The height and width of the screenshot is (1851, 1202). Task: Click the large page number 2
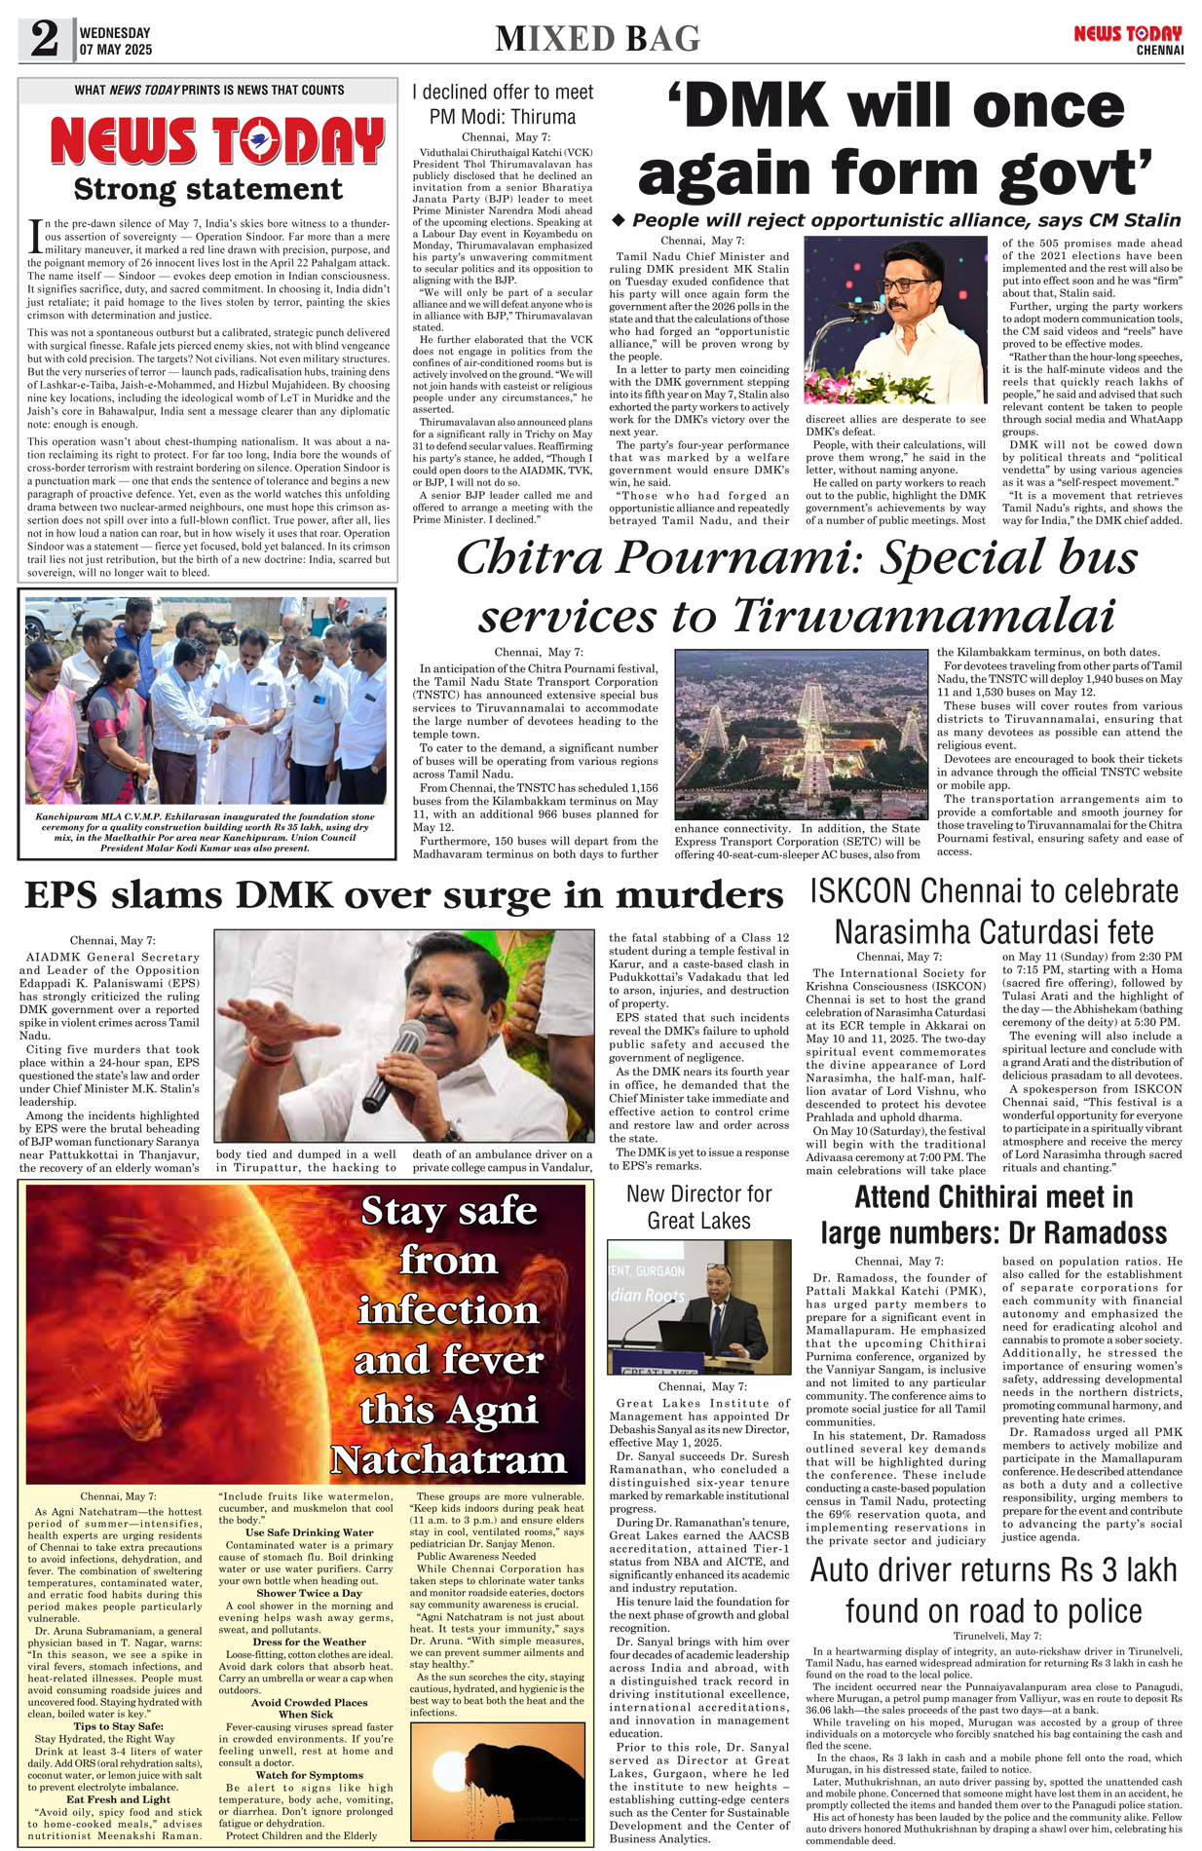tap(45, 40)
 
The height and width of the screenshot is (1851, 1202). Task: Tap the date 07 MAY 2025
tap(116, 50)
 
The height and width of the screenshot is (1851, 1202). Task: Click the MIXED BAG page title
tap(597, 39)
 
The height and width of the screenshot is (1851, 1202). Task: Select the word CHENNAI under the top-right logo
tap(1159, 51)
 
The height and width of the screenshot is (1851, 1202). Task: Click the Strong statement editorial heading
tap(208, 189)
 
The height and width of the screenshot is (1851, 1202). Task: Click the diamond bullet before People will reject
tap(618, 220)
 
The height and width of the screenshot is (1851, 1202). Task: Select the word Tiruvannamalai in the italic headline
tap(922, 616)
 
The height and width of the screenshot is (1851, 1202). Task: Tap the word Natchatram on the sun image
tap(448, 1459)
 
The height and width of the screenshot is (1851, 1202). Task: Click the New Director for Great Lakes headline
tap(698, 1207)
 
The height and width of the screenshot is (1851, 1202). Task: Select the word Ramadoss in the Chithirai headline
tap(1087, 1233)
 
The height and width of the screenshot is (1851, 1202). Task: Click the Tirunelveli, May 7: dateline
tap(996, 1636)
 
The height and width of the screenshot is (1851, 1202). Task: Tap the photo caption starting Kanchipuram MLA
tap(205, 832)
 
